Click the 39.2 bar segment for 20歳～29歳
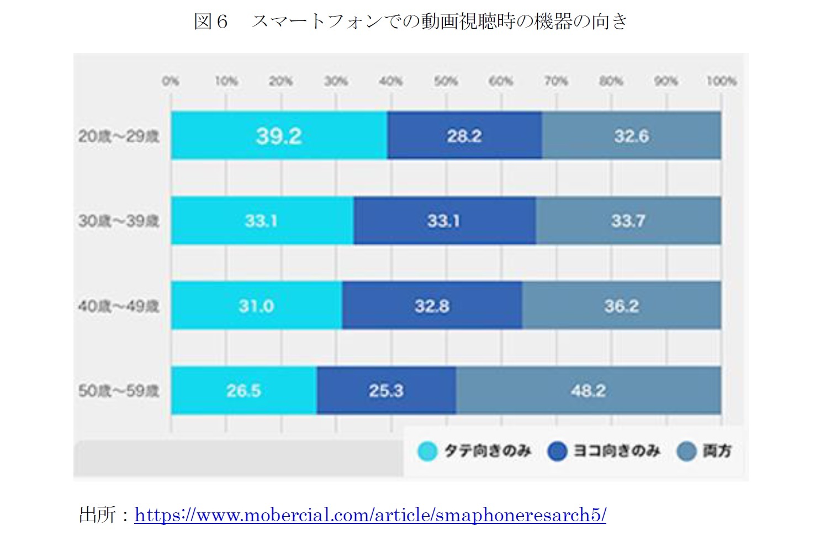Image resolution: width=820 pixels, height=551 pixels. point(279,136)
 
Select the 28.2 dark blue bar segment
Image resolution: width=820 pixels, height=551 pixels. point(464,136)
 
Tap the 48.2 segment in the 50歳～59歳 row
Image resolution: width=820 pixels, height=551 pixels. point(588,390)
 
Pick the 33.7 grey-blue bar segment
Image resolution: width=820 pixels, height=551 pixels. point(628,221)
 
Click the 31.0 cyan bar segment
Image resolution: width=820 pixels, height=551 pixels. point(256,306)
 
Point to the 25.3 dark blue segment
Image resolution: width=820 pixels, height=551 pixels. point(386,390)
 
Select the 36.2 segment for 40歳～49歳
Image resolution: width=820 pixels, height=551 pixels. point(621,306)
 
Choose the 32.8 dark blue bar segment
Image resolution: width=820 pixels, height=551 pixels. point(432,306)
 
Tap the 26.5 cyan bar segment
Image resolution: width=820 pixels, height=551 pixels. point(244,390)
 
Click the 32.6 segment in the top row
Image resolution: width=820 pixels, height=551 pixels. point(631,136)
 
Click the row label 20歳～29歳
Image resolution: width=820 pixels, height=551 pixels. point(119,136)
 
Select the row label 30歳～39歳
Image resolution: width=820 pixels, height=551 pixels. point(119,221)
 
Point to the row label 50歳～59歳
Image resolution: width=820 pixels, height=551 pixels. point(119,390)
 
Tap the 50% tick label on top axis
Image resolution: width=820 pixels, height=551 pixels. point(446,81)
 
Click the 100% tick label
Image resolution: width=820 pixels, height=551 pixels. point(721,81)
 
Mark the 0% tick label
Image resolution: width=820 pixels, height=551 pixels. point(171,81)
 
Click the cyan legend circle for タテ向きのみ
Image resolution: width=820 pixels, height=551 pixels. point(427,451)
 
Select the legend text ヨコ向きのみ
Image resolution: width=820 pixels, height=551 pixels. point(616,451)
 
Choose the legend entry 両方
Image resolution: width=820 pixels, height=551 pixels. point(717,451)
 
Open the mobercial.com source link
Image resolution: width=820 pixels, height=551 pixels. point(370,515)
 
